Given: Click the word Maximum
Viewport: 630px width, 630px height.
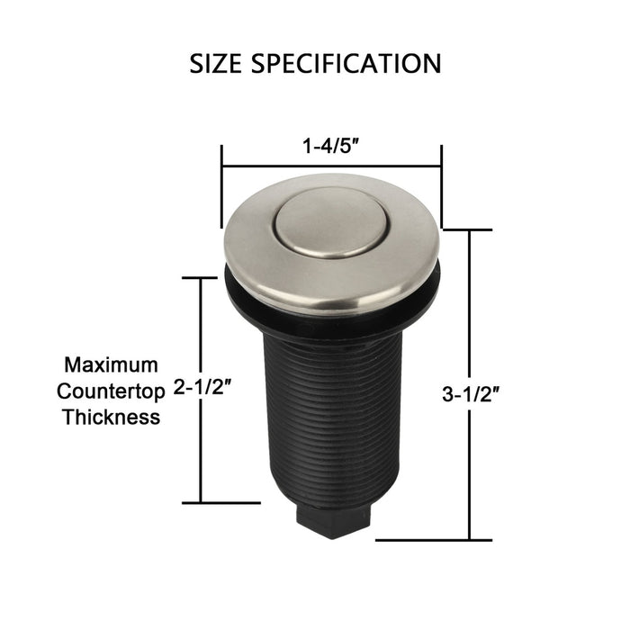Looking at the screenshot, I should (111, 365).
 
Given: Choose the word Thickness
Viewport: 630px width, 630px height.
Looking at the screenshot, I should (111, 417).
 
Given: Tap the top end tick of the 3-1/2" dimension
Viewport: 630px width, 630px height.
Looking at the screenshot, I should (468, 230).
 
